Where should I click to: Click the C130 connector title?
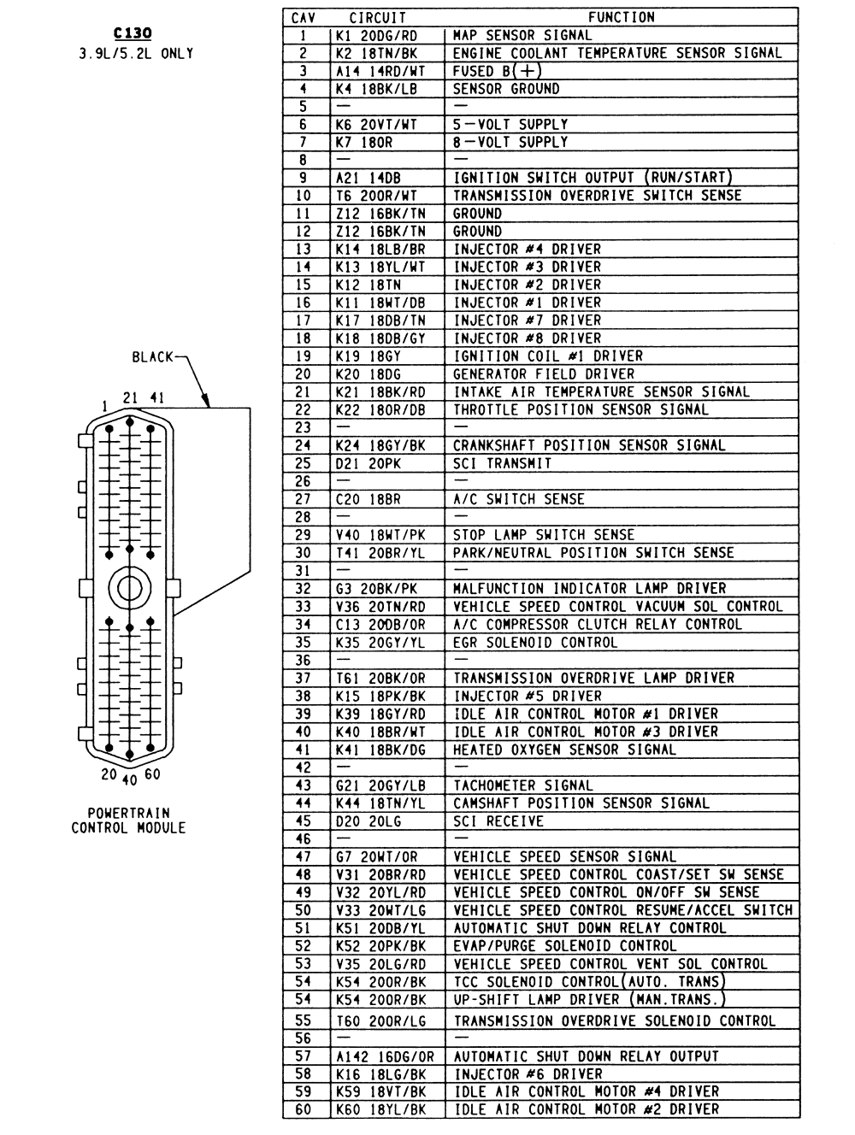(133, 33)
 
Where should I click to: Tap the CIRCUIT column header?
(377, 17)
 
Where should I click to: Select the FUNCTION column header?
(621, 17)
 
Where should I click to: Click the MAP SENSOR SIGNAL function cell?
(522, 35)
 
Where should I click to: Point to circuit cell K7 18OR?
(364, 142)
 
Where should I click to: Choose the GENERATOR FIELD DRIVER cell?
(544, 373)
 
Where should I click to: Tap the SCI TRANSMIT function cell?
(502, 463)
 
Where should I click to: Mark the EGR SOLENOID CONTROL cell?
(534, 642)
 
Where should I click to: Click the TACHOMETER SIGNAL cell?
(522, 785)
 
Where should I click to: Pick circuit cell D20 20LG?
(369, 820)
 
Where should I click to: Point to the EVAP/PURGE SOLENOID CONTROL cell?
(564, 945)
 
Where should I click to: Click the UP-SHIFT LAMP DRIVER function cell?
(589, 999)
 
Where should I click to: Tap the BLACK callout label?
(153, 356)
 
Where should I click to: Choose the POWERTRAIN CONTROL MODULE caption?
(128, 820)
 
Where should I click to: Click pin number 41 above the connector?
(156, 397)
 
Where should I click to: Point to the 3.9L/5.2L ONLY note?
(133, 53)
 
